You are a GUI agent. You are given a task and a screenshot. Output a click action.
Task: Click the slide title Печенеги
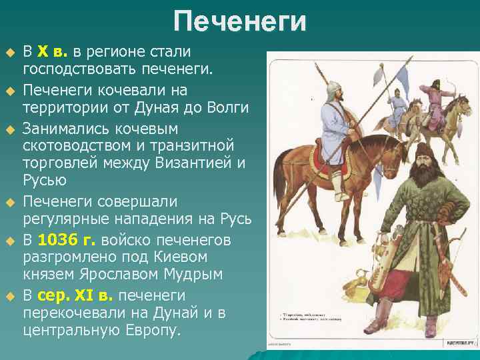[x=240, y=21]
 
